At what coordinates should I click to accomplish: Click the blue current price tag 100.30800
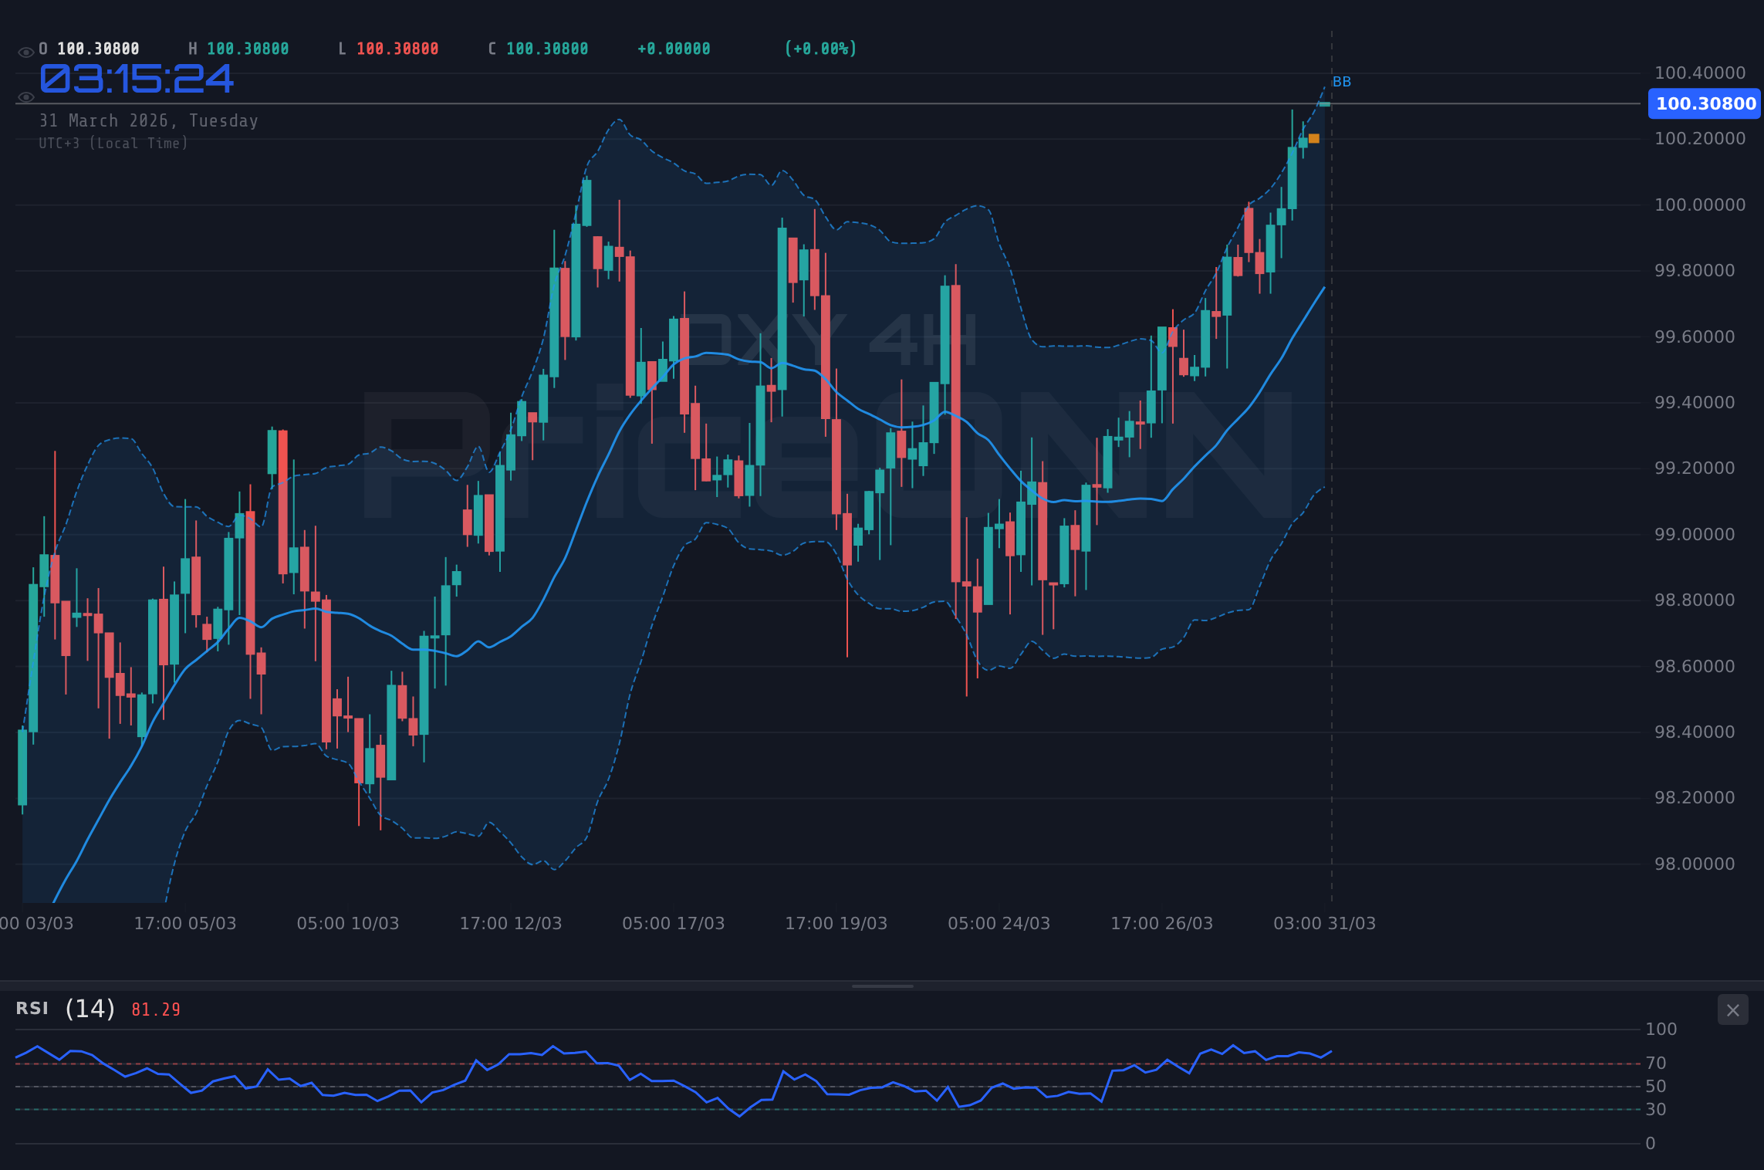1705,103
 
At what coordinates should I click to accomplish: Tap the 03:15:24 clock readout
136,79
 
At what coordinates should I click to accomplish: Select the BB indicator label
1341,82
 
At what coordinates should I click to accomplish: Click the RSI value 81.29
156,1009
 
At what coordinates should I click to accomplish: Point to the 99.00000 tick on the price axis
1694,534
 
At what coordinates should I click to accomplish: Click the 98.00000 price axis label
1694,864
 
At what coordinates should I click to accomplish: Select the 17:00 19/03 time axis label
836,923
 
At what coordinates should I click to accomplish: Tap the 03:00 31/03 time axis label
1324,923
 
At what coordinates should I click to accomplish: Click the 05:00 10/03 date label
347,923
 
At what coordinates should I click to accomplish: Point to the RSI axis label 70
1655,1063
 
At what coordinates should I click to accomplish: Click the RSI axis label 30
1655,1109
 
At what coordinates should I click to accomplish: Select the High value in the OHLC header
247,49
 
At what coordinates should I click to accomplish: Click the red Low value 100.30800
397,49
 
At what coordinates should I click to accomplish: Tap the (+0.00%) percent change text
820,49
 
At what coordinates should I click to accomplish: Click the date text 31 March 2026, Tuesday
148,120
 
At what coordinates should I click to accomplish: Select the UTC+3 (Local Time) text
113,144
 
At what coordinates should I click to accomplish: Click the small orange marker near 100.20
1314,139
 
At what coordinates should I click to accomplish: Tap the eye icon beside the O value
25,52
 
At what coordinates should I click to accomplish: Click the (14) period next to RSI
90,1009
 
